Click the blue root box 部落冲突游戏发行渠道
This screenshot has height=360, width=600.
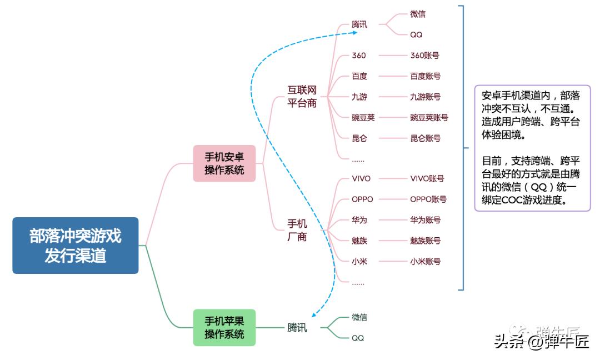pyautogui.click(x=75, y=245)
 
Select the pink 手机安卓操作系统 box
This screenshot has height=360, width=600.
pyautogui.click(x=224, y=163)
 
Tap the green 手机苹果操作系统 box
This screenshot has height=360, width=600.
pyautogui.click(x=224, y=328)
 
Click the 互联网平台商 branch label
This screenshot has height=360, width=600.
pyautogui.click(x=302, y=96)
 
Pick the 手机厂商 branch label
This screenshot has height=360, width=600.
pyautogui.click(x=297, y=230)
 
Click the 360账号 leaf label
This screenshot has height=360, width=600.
pyautogui.click(x=424, y=56)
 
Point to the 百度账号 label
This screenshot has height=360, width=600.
pyautogui.click(x=425, y=76)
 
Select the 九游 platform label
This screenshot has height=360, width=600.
pyautogui.click(x=359, y=97)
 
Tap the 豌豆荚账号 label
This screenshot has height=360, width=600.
pyautogui.click(x=429, y=117)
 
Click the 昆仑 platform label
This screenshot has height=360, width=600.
pyautogui.click(x=359, y=138)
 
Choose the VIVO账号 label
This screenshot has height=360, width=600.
pyautogui.click(x=427, y=178)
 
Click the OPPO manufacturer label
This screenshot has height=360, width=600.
pyautogui.click(x=362, y=199)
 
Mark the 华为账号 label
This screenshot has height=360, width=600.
pyautogui.click(x=425, y=220)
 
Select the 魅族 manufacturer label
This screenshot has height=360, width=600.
pyautogui.click(x=359, y=241)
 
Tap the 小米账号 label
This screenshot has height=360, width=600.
pyautogui.click(x=425, y=261)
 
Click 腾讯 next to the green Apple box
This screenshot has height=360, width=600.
pyautogui.click(x=297, y=328)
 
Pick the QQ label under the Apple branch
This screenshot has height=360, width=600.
pyautogui.click(x=358, y=338)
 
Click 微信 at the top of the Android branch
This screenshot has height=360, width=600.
pyautogui.click(x=418, y=14)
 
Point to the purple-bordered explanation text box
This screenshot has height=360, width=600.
pyautogui.click(x=532, y=148)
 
